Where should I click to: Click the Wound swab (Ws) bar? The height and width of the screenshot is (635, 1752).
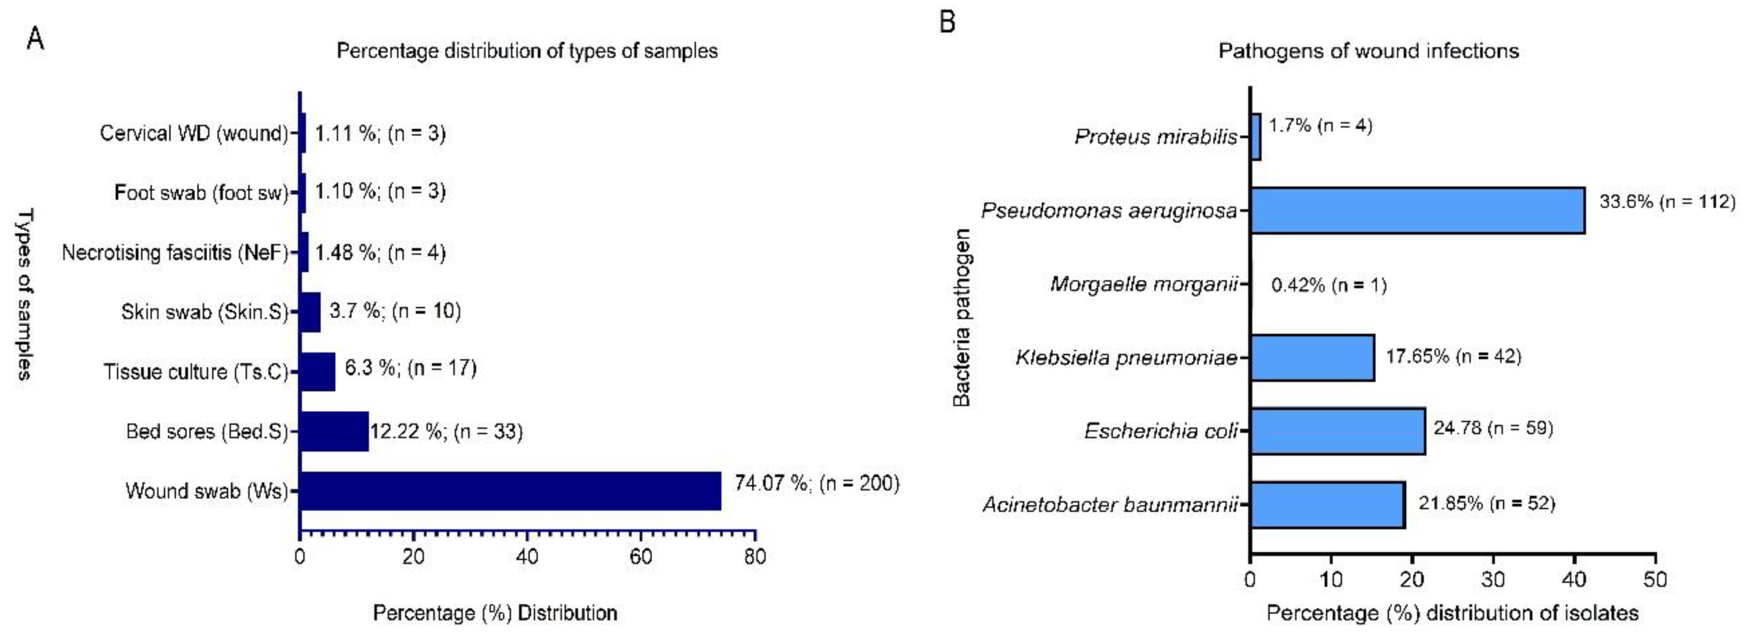(510, 491)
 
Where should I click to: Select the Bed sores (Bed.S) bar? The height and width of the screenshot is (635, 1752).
(334, 432)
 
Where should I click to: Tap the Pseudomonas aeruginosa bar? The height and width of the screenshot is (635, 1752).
(1418, 210)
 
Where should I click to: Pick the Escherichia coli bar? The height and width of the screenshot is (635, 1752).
(1338, 431)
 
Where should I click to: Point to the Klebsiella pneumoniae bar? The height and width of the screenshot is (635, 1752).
(1312, 357)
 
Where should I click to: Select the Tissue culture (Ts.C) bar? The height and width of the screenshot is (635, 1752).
(318, 372)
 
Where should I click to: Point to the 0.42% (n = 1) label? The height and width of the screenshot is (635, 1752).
(1328, 285)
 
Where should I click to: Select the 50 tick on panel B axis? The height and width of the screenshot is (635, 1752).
(1655, 580)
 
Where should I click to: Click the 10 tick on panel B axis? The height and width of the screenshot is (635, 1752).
(1330, 580)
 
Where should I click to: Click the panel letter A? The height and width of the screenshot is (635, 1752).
(36, 39)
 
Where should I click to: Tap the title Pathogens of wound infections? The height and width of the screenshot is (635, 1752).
(1368, 51)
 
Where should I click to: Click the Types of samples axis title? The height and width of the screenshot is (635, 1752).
(25, 294)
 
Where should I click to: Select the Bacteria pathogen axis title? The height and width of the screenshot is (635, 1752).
(961, 317)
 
